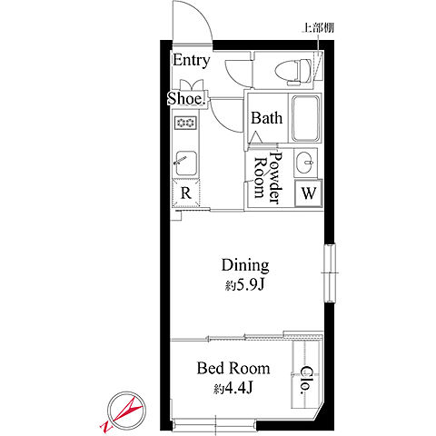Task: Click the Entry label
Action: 191,61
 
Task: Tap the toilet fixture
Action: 293,72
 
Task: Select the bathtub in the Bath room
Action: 305,118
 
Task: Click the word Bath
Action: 266,118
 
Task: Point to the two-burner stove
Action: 185,123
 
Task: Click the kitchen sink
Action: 185,163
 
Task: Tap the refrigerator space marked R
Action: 186,193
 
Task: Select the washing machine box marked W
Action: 309,193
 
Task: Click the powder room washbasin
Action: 305,163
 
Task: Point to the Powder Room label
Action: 268,178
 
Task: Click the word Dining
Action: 245,265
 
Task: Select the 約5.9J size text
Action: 245,285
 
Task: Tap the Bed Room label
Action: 233,369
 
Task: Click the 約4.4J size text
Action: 233,388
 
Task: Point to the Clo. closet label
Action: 306,380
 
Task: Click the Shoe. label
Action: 186,98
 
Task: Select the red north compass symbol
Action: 124,412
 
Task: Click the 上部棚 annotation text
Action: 318,28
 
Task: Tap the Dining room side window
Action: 330,273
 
